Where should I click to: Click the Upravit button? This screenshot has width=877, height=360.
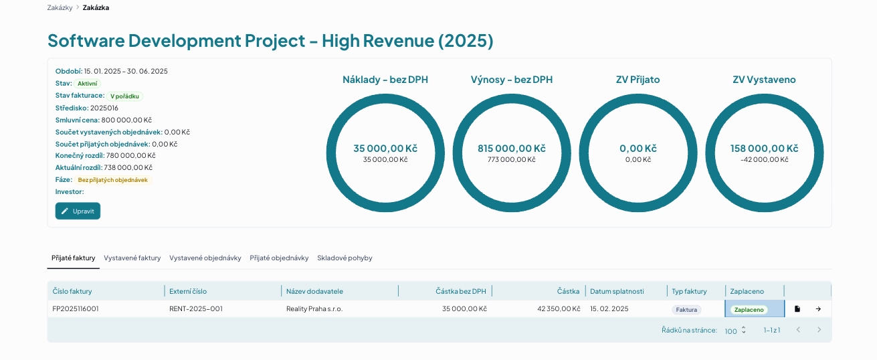click(78, 211)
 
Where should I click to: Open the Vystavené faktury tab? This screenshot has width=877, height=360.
click(132, 258)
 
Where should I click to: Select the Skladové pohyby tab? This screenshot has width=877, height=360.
click(345, 258)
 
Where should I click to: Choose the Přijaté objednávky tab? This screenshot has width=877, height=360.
click(279, 258)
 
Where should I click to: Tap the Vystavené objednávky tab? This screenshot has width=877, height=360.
click(205, 258)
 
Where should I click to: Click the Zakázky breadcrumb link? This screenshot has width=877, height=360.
click(60, 8)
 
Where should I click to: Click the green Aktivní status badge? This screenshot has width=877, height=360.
click(88, 84)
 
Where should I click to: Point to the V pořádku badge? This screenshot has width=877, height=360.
click(124, 96)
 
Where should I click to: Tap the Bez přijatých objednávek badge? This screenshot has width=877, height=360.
click(113, 180)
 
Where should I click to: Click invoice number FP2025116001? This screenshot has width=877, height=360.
click(76, 308)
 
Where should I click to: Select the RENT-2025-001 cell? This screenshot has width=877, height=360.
click(196, 308)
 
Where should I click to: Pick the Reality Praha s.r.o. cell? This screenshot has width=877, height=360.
click(314, 308)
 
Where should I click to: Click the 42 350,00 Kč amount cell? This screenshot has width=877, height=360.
click(559, 308)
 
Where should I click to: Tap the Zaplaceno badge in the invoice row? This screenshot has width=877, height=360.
click(749, 309)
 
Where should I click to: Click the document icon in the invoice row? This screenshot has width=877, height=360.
click(797, 308)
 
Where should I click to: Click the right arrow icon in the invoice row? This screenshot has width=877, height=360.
click(818, 308)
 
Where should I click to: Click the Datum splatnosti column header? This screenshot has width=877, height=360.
click(617, 291)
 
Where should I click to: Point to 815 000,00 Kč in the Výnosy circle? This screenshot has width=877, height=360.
click(511, 149)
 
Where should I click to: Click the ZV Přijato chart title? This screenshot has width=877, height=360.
click(638, 80)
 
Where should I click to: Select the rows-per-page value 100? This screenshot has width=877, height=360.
click(730, 331)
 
